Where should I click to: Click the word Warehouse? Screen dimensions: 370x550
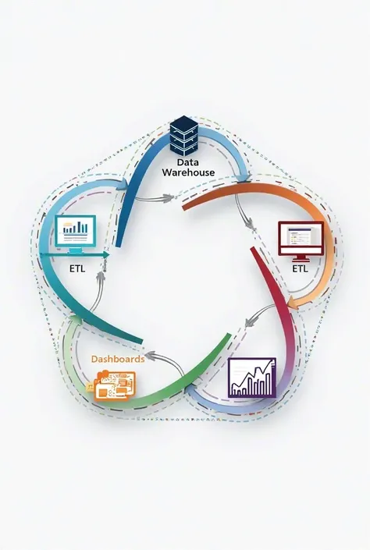tap(188, 172)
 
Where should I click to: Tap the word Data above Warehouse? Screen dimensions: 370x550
tap(188, 162)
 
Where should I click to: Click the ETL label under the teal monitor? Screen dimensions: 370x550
tap(76, 269)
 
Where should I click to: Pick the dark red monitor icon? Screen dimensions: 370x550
tap(301, 241)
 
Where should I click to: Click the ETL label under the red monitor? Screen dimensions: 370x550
tap(301, 269)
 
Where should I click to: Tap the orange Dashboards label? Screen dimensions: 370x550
tap(118, 359)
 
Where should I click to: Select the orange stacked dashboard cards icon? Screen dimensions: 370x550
tap(112, 386)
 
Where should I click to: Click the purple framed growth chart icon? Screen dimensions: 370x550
tap(252, 378)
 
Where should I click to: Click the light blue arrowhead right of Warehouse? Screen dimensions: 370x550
tap(244, 177)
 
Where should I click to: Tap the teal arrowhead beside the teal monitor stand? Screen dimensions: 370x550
tap(105, 255)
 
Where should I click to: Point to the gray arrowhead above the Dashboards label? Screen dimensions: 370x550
tap(150, 356)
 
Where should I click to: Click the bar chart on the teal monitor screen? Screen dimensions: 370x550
tap(76, 227)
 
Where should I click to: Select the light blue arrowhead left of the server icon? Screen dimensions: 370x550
tap(123, 184)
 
